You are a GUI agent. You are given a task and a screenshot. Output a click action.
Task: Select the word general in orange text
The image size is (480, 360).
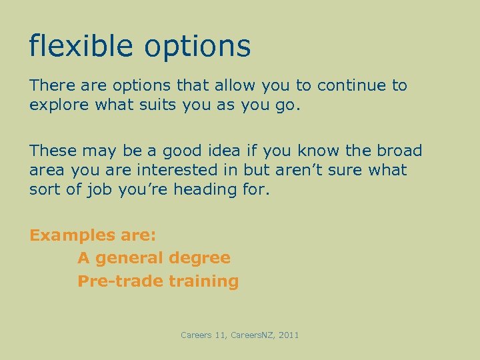point(130,259)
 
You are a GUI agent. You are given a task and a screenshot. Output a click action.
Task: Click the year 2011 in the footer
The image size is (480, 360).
point(288,335)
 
